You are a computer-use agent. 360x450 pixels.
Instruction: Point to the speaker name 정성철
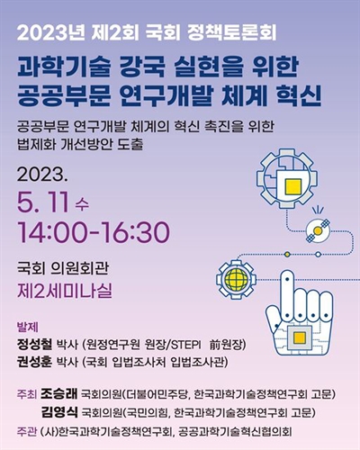pyautogui.click(x=37, y=344)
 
